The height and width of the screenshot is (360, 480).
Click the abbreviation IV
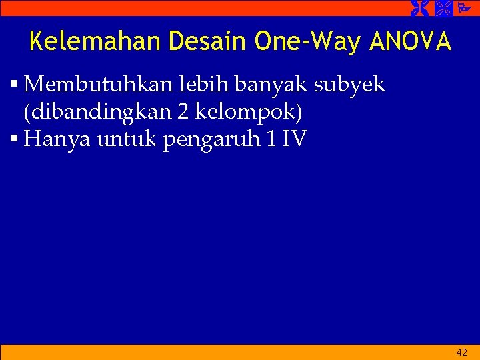[295, 140]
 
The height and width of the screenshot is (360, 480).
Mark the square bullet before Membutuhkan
[15, 85]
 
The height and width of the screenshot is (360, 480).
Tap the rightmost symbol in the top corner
[464, 8]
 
